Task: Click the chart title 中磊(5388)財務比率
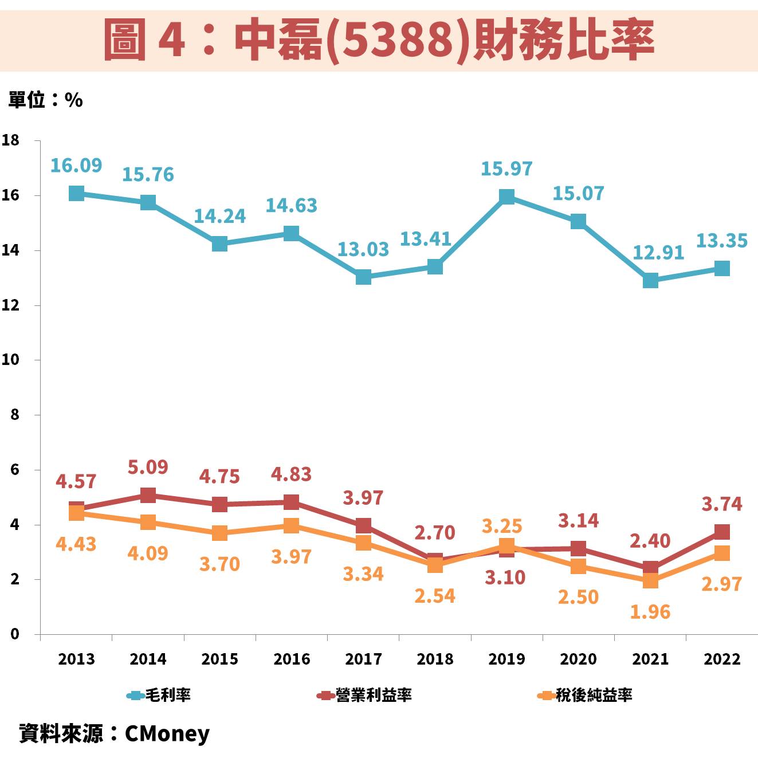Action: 378,40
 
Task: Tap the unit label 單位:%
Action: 46,100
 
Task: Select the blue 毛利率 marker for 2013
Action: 76,193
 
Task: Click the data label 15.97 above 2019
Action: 506,168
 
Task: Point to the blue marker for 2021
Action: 650,280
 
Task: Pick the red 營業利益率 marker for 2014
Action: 148,495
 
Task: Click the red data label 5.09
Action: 148,467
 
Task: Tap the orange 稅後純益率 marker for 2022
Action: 722,553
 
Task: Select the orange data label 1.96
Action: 650,612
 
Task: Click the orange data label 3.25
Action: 502,526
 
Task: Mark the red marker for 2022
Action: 722,532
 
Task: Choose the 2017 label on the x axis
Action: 363,659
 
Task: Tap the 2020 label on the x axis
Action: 578,659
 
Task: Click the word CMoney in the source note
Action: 167,733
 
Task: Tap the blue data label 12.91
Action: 658,252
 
